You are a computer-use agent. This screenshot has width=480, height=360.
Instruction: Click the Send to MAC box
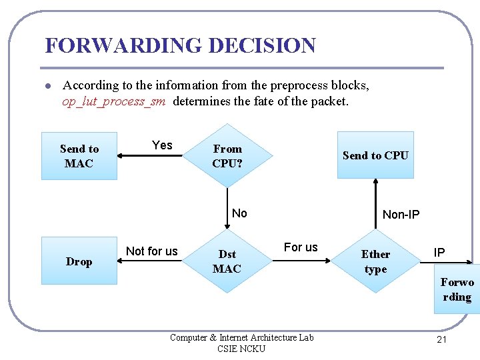tap(79, 156)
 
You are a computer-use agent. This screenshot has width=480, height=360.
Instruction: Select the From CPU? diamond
tap(227, 156)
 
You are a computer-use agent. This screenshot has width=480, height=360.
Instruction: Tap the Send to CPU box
tap(375, 155)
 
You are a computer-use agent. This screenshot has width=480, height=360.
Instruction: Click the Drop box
tap(79, 261)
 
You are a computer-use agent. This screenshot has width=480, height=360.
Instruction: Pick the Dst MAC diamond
tap(227, 261)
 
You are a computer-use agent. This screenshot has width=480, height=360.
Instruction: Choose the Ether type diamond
tap(375, 261)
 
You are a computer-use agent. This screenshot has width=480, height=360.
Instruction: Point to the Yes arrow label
tap(162, 145)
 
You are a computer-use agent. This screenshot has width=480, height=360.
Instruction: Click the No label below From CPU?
tap(239, 213)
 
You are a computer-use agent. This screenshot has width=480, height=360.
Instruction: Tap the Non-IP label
tap(401, 215)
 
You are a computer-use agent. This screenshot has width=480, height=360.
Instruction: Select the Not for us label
tap(152, 251)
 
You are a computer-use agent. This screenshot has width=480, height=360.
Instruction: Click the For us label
tap(301, 247)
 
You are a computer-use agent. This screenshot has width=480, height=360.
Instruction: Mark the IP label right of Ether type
tap(439, 253)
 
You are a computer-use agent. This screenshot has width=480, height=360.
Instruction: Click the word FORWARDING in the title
tap(124, 46)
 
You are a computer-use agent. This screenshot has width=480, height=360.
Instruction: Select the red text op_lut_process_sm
tap(115, 101)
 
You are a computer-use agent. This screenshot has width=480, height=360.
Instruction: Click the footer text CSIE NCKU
tap(241, 349)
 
